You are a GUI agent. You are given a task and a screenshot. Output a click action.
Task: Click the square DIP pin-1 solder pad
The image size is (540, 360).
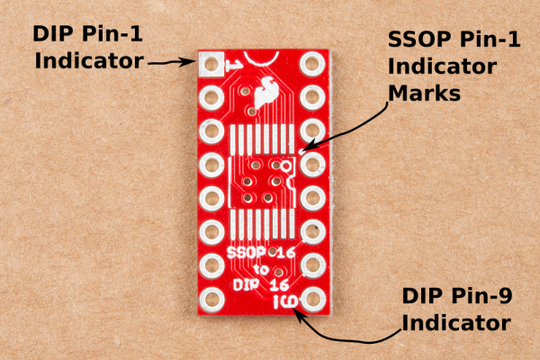tap(210, 64)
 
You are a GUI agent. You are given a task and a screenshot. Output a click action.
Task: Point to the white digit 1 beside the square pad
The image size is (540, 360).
tap(233, 65)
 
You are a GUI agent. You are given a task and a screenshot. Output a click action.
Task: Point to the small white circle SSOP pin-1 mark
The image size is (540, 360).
tap(286, 166)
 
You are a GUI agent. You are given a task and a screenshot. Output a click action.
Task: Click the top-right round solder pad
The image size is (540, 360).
tap(312, 64)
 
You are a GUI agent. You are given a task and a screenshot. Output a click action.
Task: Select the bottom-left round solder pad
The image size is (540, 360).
tap(211, 300)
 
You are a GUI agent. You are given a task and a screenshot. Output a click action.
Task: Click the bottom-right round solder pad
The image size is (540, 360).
tap(313, 300)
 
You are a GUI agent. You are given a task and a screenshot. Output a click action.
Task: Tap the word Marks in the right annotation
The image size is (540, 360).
tap(424, 93)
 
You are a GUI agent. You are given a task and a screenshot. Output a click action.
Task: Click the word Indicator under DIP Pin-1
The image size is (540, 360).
tap(89, 60)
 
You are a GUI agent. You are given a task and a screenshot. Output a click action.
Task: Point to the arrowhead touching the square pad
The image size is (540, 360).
tap(189, 62)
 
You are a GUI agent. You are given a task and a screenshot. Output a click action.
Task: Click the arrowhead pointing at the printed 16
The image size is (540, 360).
tap(298, 314)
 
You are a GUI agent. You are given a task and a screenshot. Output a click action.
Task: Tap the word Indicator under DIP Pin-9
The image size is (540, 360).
tap(456, 323)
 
